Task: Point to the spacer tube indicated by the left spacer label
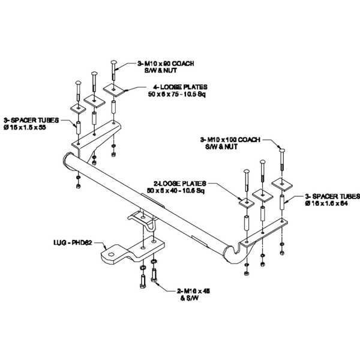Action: pyautogui.click(x=77, y=127)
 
